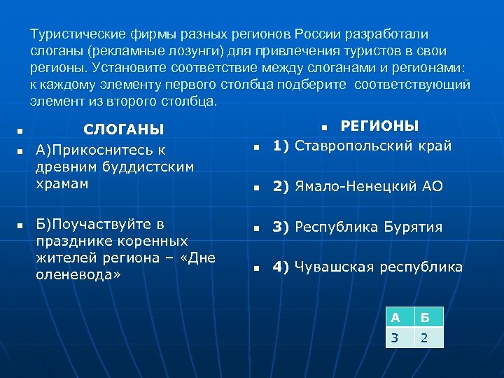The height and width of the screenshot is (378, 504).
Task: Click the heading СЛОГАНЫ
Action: click(123, 129)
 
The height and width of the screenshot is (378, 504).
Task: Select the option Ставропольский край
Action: click(373, 146)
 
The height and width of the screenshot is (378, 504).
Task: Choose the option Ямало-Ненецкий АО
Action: click(369, 187)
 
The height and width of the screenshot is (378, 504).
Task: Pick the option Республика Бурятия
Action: click(369, 227)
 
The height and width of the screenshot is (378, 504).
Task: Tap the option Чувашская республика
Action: click(379, 267)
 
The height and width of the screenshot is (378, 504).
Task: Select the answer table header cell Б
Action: click(428, 316)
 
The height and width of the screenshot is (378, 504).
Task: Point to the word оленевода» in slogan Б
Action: click(78, 274)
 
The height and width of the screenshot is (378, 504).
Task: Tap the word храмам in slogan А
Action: click(62, 183)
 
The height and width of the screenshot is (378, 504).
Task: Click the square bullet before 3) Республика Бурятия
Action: click(257, 228)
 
